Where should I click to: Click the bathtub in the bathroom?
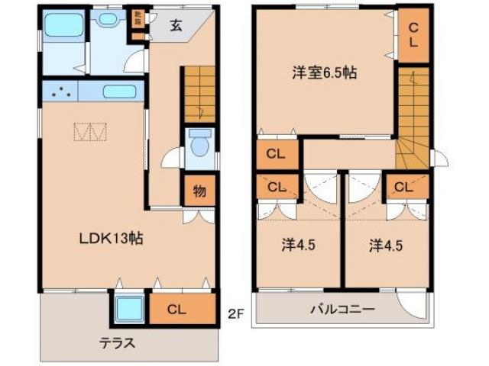[x=63, y=27]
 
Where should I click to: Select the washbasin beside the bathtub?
[x=109, y=19]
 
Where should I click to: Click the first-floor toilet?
[x=200, y=145]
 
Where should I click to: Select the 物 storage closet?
[x=199, y=191]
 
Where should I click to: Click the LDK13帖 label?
[x=112, y=238]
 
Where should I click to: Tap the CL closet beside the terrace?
[x=176, y=309]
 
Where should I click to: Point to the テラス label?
[x=115, y=343]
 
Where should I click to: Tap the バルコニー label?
[x=342, y=310]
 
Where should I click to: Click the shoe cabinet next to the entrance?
[x=138, y=25]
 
